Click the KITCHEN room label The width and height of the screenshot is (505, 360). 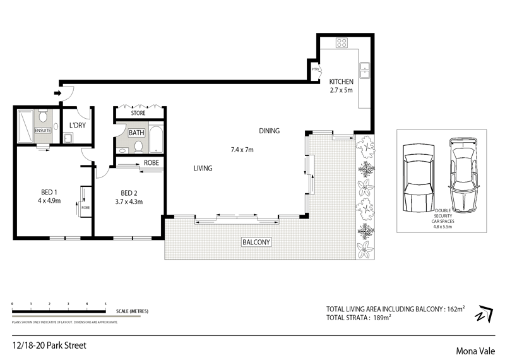341,81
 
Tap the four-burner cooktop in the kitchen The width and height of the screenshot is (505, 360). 342,44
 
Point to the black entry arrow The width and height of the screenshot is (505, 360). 57,94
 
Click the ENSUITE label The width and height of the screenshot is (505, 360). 42,131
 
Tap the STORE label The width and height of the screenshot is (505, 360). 138,114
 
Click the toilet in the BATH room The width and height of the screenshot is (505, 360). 138,148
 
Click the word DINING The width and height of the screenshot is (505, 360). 269,131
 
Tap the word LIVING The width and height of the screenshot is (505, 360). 203,169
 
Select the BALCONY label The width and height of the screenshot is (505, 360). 256,243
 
